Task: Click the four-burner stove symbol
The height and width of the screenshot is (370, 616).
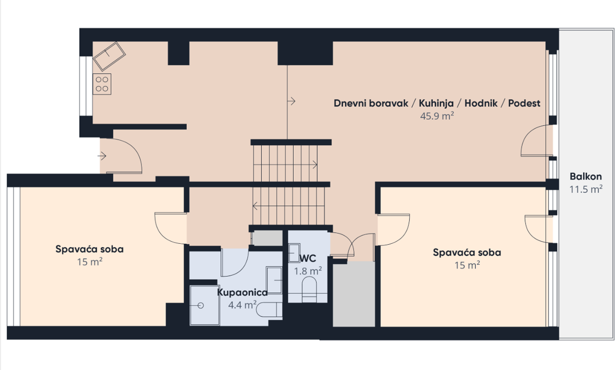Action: click(102, 84)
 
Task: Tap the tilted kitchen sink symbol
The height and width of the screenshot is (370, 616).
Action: click(109, 56)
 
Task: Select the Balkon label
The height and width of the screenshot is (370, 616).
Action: click(586, 177)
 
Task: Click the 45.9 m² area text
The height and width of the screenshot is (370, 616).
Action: click(437, 116)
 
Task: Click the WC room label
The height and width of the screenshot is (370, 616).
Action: click(307, 259)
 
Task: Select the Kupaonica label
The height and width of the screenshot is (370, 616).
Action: click(242, 293)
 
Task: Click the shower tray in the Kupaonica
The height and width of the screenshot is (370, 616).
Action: click(205, 305)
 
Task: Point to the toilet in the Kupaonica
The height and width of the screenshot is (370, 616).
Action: click(269, 309)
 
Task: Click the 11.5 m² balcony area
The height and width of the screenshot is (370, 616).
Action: click(586, 189)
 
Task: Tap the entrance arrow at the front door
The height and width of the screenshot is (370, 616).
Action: click(102, 156)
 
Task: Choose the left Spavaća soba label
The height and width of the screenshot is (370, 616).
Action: click(89, 249)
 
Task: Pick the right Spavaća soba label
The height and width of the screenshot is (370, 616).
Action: click(467, 252)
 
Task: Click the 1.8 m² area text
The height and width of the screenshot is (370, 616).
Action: click(308, 271)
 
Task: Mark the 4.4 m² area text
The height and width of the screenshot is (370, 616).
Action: click(242, 305)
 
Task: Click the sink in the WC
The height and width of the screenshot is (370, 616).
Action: click(294, 253)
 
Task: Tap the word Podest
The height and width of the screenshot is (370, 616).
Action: click(524, 103)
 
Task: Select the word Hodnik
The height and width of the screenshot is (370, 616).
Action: click(481, 103)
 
